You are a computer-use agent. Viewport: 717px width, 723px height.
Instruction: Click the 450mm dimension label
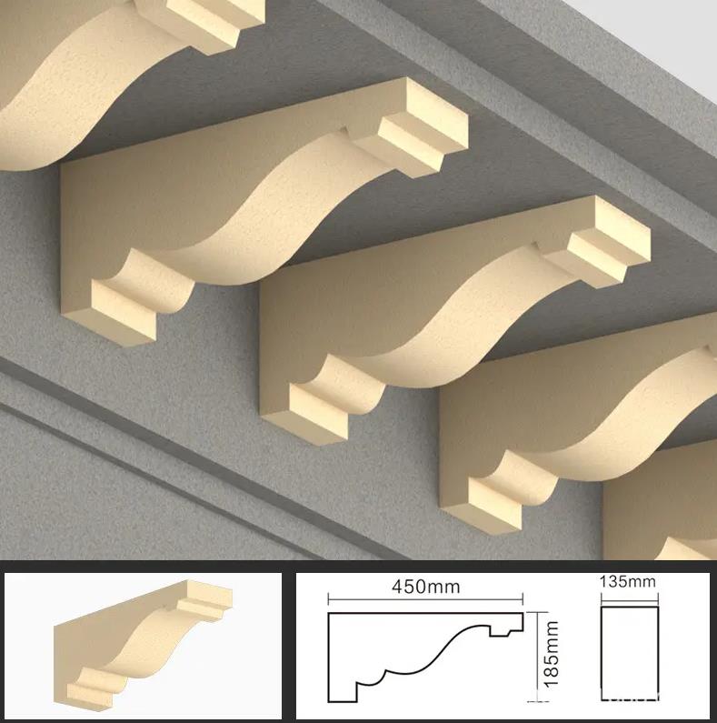[426, 587]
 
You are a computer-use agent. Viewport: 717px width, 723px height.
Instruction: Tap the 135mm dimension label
[628, 581]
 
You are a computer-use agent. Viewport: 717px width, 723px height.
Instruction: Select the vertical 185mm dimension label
[551, 654]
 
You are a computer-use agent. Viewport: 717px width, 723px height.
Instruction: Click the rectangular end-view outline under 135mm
[630, 654]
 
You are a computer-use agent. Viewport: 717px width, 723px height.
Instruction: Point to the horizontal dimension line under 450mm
[425, 599]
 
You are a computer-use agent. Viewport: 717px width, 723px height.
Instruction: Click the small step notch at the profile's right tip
[506, 625]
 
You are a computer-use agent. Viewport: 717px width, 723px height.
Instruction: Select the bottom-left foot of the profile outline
[343, 693]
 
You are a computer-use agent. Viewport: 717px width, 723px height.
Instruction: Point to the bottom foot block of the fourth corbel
[495, 500]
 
